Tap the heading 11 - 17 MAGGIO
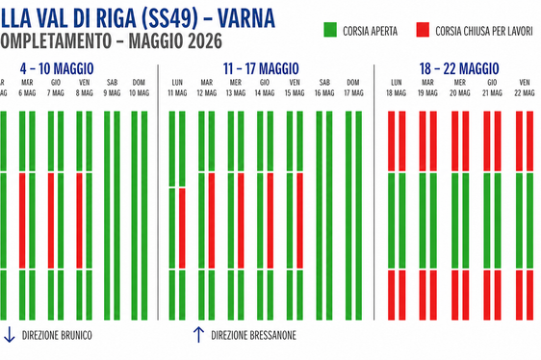point(261,70)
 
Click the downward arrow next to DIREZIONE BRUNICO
point(9,335)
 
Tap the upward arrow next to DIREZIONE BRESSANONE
point(198,335)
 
